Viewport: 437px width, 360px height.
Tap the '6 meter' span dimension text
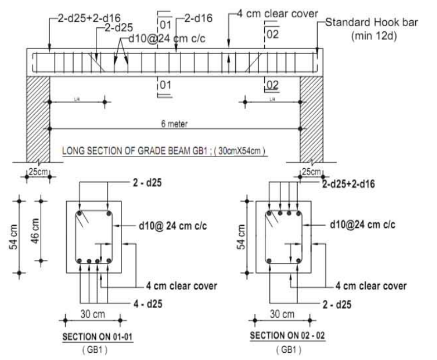tap(174, 124)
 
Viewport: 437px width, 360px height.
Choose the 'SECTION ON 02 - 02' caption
tap(283, 338)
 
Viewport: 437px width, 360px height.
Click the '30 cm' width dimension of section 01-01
tap(93, 315)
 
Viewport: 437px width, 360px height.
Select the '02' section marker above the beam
tap(271, 34)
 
